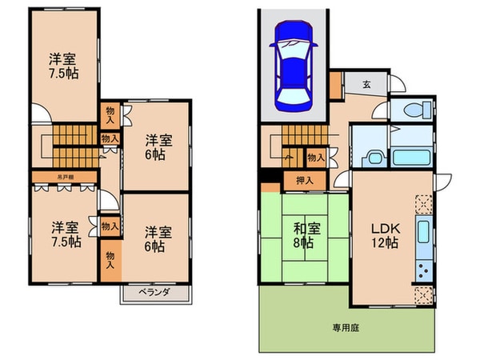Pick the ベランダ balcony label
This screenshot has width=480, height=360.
157,294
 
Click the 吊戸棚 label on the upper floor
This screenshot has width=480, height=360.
65,178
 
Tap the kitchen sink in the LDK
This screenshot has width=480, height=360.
423,237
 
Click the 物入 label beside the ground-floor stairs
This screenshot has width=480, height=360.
315,158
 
